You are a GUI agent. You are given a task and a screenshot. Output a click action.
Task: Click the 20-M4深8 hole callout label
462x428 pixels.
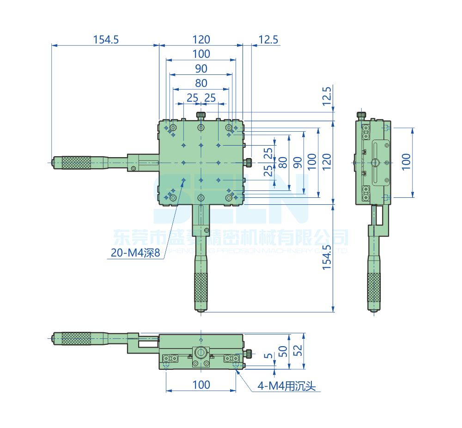(x=135, y=253)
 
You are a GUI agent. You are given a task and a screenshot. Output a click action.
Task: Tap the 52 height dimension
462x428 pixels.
(x=298, y=351)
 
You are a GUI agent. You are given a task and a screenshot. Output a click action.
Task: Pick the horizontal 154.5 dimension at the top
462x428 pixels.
(x=106, y=40)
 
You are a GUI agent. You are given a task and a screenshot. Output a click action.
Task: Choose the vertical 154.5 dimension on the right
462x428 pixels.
(x=327, y=257)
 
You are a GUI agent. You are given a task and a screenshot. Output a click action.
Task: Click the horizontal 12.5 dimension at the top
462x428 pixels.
(x=268, y=40)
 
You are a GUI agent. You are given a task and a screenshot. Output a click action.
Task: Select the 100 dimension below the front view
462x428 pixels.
(x=201, y=385)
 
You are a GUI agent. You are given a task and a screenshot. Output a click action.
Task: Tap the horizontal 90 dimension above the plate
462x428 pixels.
(x=201, y=69)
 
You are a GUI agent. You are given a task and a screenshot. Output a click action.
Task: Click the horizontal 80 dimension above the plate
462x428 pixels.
(x=201, y=84)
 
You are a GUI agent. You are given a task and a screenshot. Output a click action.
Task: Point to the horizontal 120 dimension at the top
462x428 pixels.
(x=201, y=40)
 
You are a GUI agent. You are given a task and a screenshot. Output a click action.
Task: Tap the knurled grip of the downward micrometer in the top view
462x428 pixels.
(x=201, y=287)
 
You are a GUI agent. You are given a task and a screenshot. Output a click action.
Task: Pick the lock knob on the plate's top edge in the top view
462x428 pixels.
(x=201, y=115)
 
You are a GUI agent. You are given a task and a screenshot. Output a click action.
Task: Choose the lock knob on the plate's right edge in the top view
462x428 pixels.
(x=248, y=162)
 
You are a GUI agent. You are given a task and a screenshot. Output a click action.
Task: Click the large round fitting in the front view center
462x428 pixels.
(x=201, y=353)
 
